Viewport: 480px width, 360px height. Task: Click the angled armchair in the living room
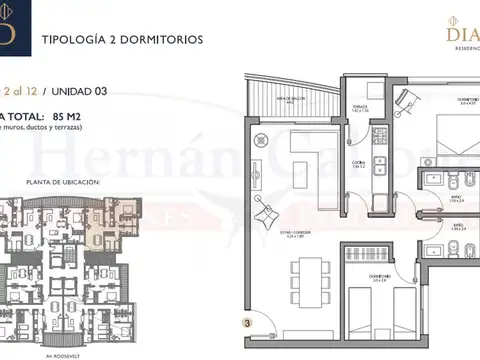coord(267,211)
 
